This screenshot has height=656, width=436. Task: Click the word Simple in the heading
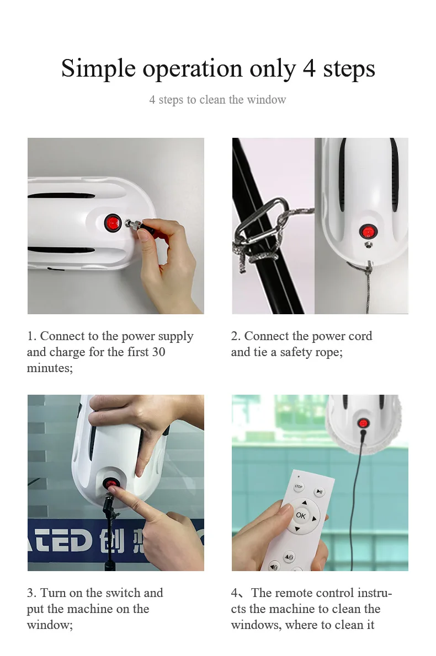click(x=98, y=69)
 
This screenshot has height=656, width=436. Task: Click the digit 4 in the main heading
click(x=309, y=68)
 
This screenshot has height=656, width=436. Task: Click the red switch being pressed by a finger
click(x=111, y=485)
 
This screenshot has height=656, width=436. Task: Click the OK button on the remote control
click(x=301, y=515)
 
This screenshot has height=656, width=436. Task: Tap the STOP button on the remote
click(x=298, y=487)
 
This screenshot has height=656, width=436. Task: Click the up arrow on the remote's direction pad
click(x=305, y=502)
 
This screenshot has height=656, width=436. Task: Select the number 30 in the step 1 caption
click(x=158, y=352)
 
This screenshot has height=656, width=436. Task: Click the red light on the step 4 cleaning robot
click(x=363, y=423)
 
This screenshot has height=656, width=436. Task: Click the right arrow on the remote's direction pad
click(x=314, y=519)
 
